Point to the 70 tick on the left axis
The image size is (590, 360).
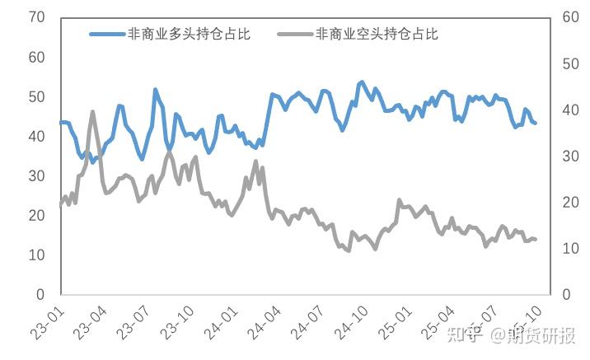(x=35, y=17)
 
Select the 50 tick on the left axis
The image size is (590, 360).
(x=35, y=96)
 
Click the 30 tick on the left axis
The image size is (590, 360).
(x=35, y=175)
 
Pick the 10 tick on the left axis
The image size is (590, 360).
(x=35, y=255)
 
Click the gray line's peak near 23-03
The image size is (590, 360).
(x=92, y=111)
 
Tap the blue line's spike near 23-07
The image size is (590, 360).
(x=155, y=90)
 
